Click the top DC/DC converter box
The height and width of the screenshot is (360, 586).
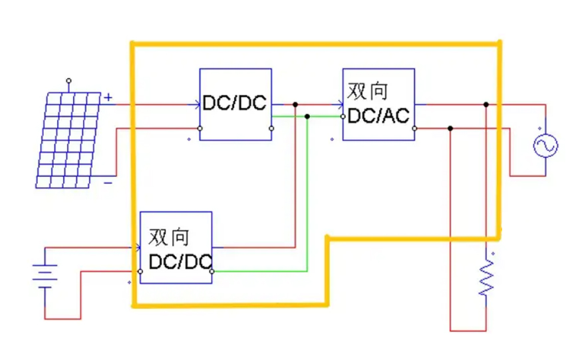point(235,104)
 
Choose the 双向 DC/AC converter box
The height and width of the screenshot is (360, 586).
point(378,104)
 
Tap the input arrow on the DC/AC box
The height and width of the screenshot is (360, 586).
point(341,104)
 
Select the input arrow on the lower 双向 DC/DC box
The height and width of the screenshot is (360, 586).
point(137,248)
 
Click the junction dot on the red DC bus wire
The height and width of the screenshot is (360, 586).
point(295,104)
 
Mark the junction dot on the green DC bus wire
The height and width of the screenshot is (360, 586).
point(307,116)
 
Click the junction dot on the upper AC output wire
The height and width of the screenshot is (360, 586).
point(486,104)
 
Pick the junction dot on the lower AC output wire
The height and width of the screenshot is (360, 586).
point(451,128)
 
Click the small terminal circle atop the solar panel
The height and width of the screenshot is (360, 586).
point(68,80)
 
